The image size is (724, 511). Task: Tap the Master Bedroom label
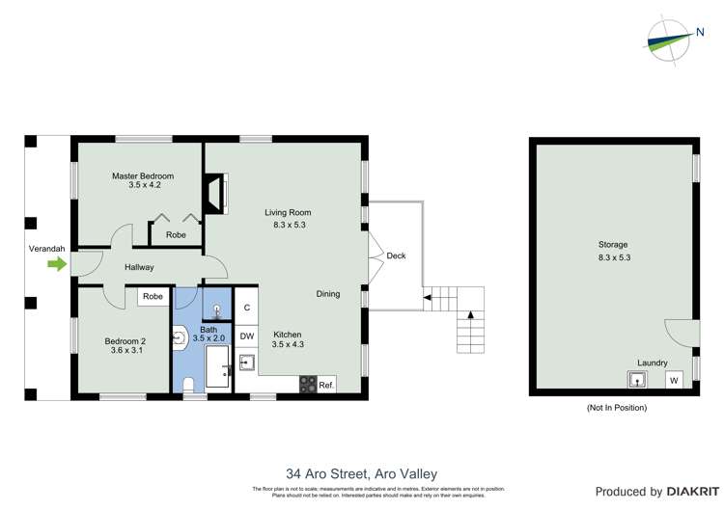pyautogui.click(x=142, y=176)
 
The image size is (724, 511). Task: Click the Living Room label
pyautogui.click(x=289, y=212)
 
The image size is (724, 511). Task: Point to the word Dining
pyautogui.click(x=327, y=294)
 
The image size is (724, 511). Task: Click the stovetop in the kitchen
pyautogui.click(x=308, y=384)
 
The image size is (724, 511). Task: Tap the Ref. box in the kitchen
pyautogui.click(x=326, y=384)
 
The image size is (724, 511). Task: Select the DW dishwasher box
pyautogui.click(x=247, y=336)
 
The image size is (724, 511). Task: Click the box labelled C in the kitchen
pyautogui.click(x=247, y=308)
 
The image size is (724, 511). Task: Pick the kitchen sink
pyautogui.click(x=247, y=363)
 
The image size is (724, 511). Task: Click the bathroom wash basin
pyautogui.click(x=181, y=337)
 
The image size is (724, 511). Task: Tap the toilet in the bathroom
pyautogui.click(x=188, y=385)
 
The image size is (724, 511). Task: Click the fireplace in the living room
pyautogui.click(x=218, y=192)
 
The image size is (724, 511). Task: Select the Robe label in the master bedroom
pyautogui.click(x=176, y=234)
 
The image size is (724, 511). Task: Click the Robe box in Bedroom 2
pyautogui.click(x=153, y=297)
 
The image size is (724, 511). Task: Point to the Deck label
pyautogui.click(x=396, y=255)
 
